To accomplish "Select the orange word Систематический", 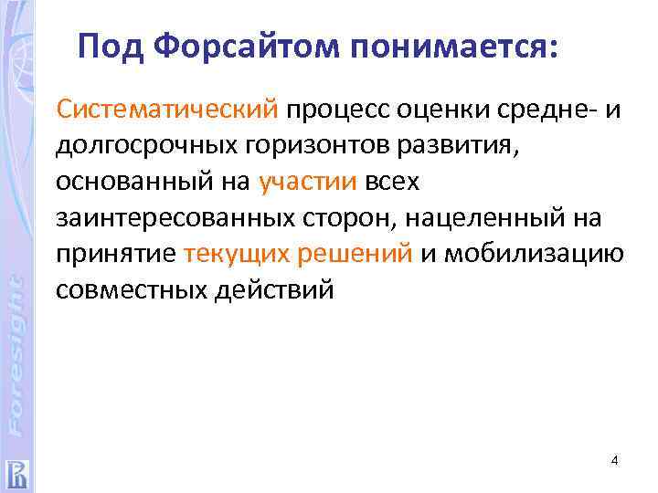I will pos(167,110).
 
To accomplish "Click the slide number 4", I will pos(614,460).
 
